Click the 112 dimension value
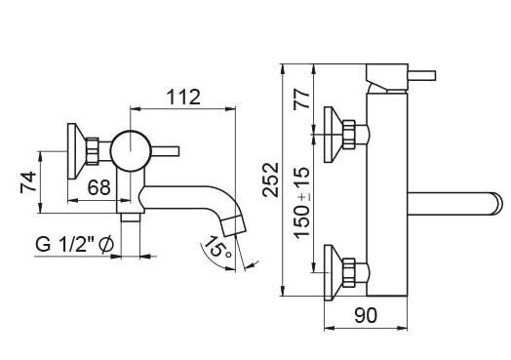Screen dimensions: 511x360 [x=183, y=98]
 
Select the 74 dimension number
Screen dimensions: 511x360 [x=28, y=182]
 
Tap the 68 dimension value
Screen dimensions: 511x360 [x=99, y=188]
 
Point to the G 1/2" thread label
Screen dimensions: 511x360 [x=75, y=244]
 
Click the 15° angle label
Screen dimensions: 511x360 [x=217, y=247]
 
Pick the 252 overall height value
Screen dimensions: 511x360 [x=271, y=180]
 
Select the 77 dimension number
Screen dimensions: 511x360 [x=301, y=100]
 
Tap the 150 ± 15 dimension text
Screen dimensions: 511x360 [x=301, y=203]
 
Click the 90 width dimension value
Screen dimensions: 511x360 [x=366, y=315]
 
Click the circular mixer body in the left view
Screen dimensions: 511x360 [x=131, y=150]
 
